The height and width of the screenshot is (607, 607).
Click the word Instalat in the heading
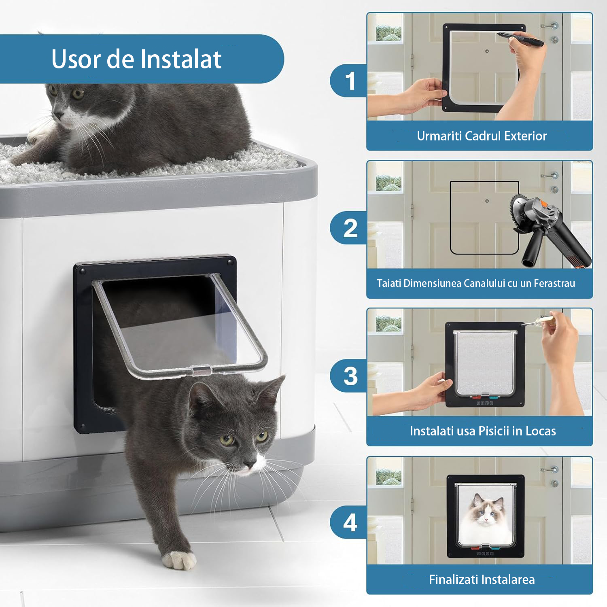(181, 59)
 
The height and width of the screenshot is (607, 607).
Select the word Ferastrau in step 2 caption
(554, 283)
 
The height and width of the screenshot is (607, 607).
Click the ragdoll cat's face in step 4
(486, 511)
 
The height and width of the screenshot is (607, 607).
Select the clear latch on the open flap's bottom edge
(202, 370)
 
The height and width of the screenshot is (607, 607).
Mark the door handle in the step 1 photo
(550, 25)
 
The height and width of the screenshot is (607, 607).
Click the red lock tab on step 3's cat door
(476, 397)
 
